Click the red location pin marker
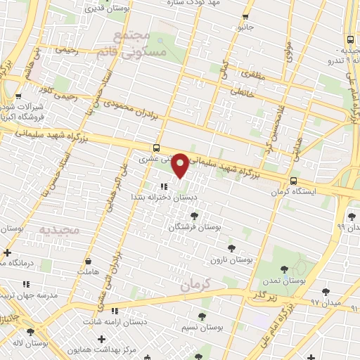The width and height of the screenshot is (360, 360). click(x=181, y=165)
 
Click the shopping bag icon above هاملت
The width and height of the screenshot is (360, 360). click(x=88, y=261)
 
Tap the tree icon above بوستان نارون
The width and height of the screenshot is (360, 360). click(x=231, y=248)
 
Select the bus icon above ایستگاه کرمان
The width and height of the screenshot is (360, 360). click(x=293, y=180)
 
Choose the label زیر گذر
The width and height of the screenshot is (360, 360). click(x=258, y=295)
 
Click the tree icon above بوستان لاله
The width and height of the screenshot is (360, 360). click(x=30, y=333)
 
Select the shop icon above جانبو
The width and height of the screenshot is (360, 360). click(x=245, y=17)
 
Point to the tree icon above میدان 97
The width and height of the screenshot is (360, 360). click(x=326, y=291)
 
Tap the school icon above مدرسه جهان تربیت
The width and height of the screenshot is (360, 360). click(x=26, y=284)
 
